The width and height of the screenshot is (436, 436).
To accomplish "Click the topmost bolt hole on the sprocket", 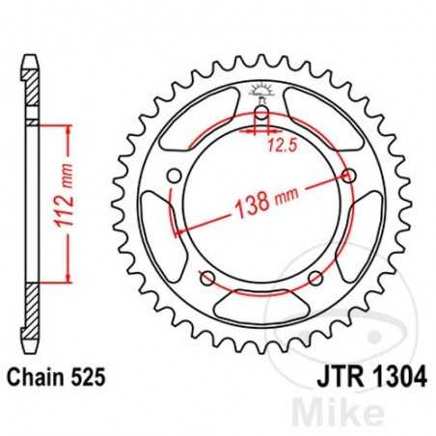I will (x=260, y=118).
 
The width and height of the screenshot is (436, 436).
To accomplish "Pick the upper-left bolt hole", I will (x=175, y=176).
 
